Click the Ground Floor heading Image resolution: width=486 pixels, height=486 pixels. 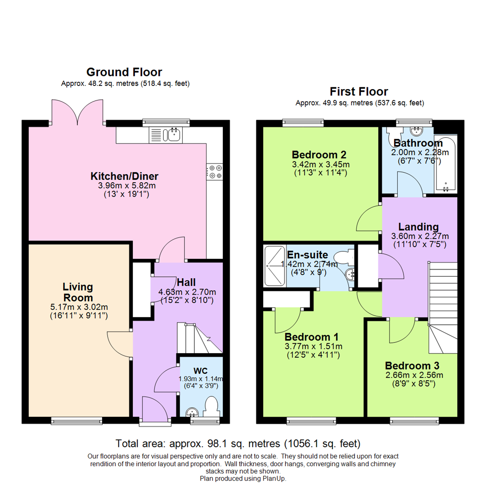pos(124,72)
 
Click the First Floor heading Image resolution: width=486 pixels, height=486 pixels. pos(359,91)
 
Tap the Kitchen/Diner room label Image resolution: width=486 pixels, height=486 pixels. pos(124,176)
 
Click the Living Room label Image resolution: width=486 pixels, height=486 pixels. pos(77,292)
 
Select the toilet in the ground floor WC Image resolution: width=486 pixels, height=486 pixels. pos(211,406)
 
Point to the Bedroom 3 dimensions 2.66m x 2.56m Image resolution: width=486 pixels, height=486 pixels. pos(414,375)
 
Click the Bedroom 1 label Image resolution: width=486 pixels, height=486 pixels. pos(312,337)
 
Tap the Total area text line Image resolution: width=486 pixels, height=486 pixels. pos(238,443)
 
